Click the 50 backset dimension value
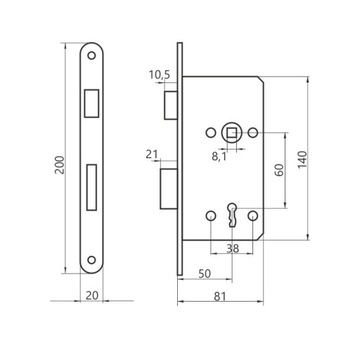(205, 274)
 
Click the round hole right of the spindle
(254, 131)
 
